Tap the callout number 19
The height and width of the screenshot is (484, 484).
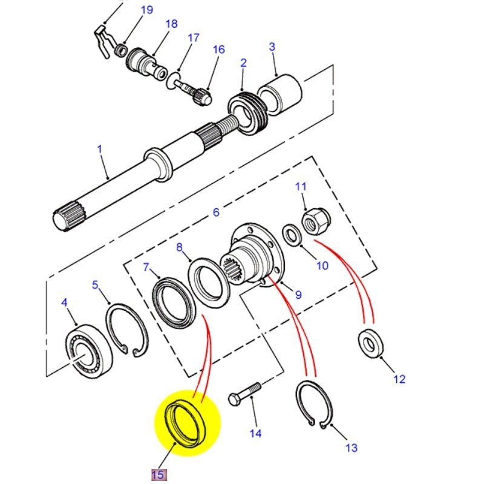pos(147,10)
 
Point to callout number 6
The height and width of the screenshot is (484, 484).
pos(216,212)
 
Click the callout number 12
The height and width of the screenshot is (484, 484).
pos(399,379)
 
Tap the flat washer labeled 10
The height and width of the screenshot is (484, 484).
pos(291,234)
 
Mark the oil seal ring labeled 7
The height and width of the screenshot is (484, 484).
pos(174,297)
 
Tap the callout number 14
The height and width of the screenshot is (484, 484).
pos(255,433)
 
